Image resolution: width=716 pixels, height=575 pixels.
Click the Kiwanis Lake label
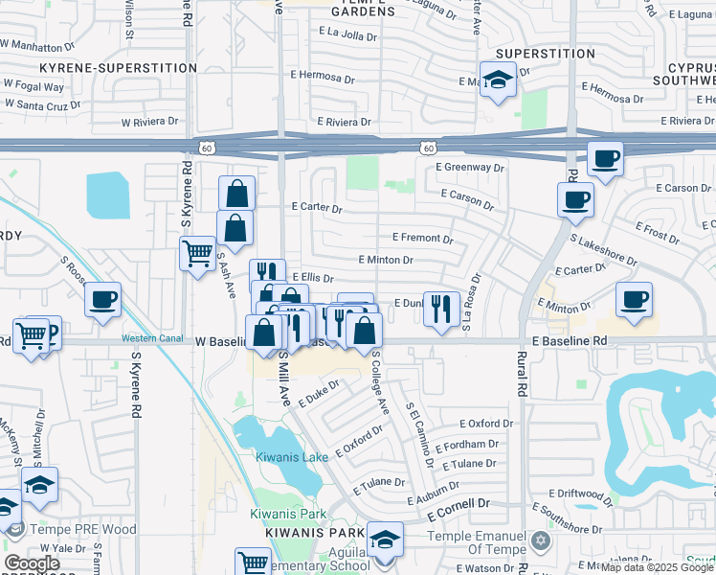pos(292,457)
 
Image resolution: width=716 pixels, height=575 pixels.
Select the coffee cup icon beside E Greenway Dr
pos(604,158)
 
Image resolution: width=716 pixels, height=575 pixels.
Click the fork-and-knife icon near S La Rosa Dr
pos(440,309)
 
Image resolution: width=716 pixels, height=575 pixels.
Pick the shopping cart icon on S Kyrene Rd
pos(198,254)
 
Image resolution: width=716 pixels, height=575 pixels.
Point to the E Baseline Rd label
pos(570,340)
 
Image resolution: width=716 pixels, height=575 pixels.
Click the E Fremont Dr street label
pos(422,238)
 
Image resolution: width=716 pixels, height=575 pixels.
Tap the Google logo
pos(32,563)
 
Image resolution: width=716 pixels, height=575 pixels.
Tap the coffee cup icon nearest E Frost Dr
pos(575,199)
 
